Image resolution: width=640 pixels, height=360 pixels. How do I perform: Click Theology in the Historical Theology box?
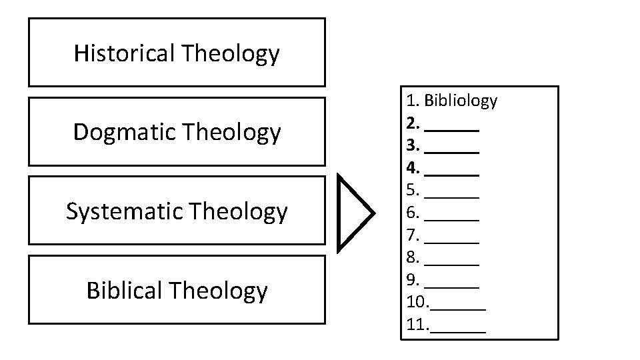pyautogui.click(x=230, y=53)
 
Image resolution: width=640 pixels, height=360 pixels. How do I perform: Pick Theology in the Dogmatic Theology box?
pyautogui.click(x=231, y=132)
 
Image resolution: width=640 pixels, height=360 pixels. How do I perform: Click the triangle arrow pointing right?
pyautogui.click(x=353, y=213)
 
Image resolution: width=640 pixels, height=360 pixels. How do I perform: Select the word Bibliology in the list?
pyautogui.click(x=461, y=101)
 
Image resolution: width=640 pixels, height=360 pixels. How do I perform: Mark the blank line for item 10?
pyautogui.click(x=459, y=309)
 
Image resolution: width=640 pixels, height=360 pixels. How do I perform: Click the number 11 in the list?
pyautogui.click(x=416, y=325)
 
